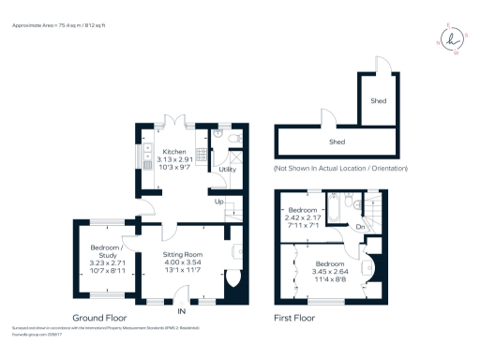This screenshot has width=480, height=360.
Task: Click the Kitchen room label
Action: pyautogui.click(x=174, y=152)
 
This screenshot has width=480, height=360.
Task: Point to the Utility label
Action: pyautogui.click(x=227, y=169)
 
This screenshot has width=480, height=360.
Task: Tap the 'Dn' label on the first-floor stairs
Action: pyautogui.click(x=360, y=227)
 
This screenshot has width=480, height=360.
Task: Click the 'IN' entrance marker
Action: pyautogui.click(x=183, y=310)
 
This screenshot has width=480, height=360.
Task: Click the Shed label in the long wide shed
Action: pyautogui.click(x=337, y=142)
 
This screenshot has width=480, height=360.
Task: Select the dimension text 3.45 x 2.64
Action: pyautogui.click(x=329, y=271)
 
